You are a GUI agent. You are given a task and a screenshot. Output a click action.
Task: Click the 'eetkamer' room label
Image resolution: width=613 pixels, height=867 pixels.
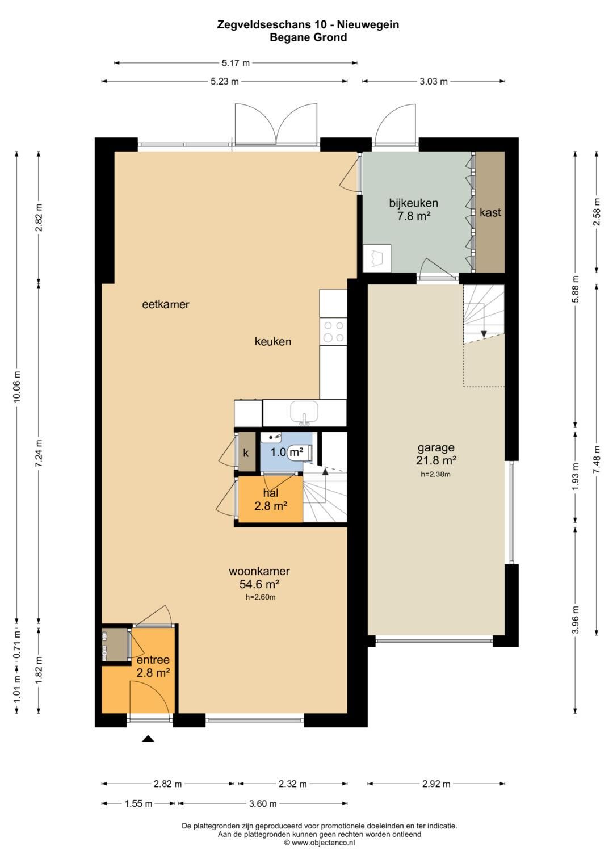pos(166,304)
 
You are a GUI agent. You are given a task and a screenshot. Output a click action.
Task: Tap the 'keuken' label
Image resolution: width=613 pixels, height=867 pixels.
pos(273,341)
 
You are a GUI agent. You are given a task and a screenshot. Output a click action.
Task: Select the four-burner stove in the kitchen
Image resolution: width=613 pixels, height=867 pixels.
pos(334,332)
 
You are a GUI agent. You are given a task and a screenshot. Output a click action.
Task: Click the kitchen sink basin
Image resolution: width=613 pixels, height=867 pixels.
pos(305,412)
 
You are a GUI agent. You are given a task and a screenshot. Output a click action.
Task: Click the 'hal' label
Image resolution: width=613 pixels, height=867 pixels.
pos(271,493)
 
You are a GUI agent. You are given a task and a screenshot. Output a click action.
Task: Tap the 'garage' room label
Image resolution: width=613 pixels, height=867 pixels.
pos(436,448)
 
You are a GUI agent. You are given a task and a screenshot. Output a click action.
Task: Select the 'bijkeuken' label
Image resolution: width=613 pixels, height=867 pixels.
pos(414,203)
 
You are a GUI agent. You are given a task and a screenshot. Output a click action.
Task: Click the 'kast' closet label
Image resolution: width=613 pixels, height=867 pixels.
pos(490,212)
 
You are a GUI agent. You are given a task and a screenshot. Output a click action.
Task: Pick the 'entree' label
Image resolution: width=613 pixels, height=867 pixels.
pos(153,660)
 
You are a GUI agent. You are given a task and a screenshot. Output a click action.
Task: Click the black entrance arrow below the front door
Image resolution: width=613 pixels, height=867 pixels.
pos(148,739)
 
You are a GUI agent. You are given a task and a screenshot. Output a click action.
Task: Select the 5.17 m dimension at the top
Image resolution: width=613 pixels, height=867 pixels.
pos(236,63)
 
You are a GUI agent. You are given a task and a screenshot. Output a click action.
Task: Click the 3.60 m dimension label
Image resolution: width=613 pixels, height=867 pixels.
pos(263,803)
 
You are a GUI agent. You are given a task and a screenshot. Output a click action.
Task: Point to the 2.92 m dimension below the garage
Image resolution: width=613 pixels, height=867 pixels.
pos(436,784)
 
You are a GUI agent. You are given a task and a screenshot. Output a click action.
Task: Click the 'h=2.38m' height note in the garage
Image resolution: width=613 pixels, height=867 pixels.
pos(435,474)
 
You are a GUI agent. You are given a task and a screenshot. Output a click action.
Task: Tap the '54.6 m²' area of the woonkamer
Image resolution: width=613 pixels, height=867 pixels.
pos(259,584)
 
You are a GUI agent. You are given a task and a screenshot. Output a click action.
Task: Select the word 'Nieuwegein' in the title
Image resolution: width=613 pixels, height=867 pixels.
pos(368,25)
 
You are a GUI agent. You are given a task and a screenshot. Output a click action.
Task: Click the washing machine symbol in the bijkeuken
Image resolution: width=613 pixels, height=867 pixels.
pos(376,258)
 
